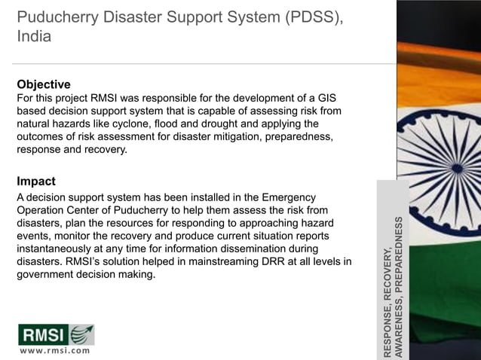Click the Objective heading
44,84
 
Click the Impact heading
35,181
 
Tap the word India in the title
34,35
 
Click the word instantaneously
59,249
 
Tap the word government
47,274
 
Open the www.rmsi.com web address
54,349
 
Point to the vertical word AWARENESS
400,327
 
